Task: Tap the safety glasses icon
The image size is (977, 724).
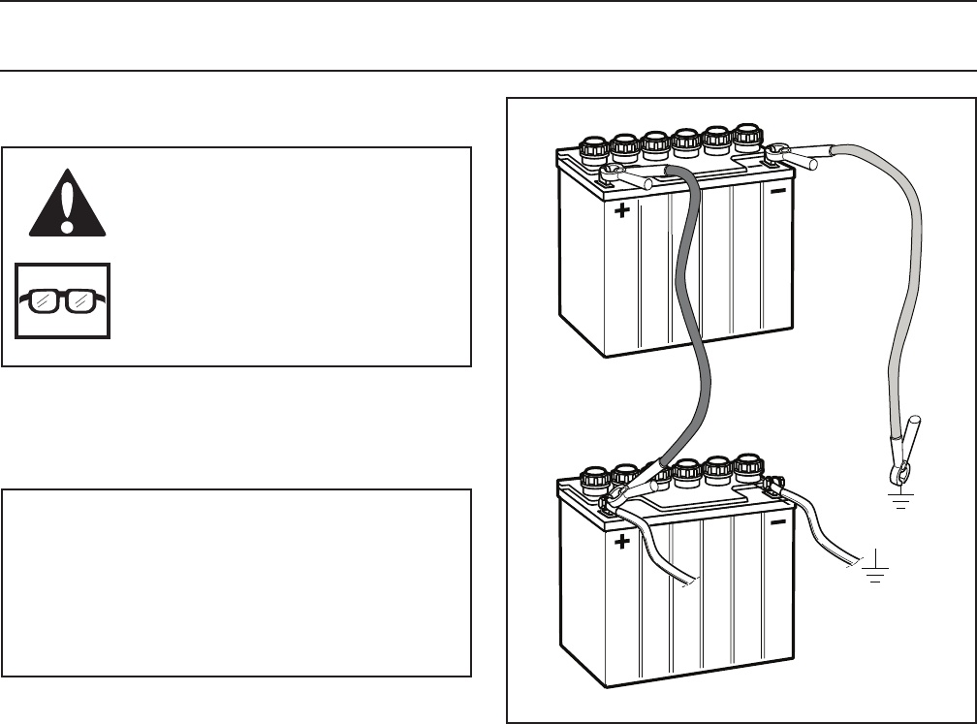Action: tap(63, 300)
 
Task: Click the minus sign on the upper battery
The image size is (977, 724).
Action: tap(778, 191)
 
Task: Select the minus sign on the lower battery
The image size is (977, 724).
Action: tap(778, 521)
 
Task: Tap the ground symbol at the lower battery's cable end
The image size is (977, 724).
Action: tap(878, 568)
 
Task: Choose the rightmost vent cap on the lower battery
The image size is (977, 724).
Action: tap(748, 466)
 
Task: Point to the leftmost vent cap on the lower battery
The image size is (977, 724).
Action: tap(592, 480)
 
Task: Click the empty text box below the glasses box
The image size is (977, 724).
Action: tap(236, 582)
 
